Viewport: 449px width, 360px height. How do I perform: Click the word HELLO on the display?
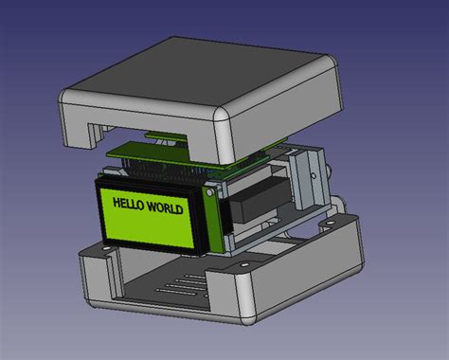point(131,204)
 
